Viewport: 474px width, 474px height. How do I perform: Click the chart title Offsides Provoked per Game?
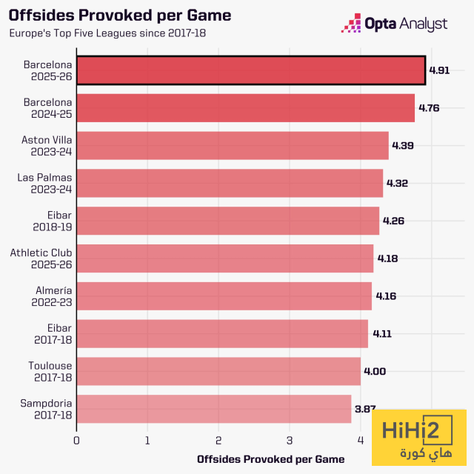(x=120, y=16)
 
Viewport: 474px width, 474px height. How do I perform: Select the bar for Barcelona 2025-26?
(x=250, y=70)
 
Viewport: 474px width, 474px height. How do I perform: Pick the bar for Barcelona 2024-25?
(x=245, y=108)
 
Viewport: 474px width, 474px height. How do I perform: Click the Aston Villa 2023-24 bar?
(x=232, y=146)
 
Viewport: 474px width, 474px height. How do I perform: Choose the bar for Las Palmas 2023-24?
(x=230, y=183)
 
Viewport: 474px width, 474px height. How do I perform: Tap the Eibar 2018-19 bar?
(x=227, y=221)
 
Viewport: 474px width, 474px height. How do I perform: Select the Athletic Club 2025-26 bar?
(x=224, y=258)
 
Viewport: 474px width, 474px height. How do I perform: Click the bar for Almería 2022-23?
(x=224, y=296)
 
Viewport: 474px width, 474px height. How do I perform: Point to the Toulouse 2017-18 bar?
(x=218, y=371)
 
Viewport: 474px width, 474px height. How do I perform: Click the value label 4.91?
(x=440, y=71)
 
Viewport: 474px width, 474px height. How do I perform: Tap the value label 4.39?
(x=403, y=146)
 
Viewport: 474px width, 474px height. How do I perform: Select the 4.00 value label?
(x=375, y=372)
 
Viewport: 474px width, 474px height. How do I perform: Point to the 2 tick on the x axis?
(x=218, y=441)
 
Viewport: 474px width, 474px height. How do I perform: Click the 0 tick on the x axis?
(x=76, y=441)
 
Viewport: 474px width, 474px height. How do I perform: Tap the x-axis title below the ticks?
(x=271, y=459)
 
